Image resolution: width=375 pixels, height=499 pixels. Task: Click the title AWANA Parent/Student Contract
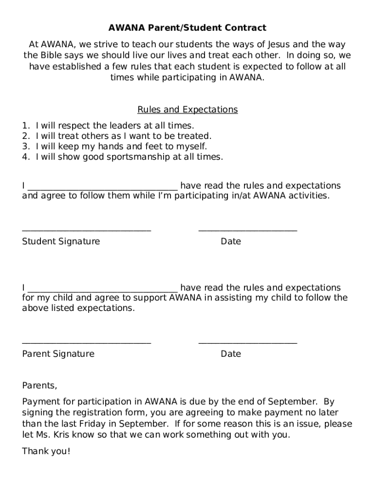(187, 28)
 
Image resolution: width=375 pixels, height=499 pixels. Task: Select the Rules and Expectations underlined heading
(187, 110)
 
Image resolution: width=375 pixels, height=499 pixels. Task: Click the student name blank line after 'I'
(103, 188)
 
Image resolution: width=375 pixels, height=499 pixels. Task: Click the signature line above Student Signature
(87, 230)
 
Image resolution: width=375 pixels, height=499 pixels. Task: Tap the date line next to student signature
(247, 230)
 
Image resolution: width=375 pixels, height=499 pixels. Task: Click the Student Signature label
(61, 241)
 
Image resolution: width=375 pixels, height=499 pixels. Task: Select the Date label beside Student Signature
(230, 241)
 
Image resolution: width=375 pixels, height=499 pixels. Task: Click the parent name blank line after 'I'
(103, 289)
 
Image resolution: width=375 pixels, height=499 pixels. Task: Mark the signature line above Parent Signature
(87, 343)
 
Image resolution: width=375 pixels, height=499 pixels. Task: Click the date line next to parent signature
(247, 343)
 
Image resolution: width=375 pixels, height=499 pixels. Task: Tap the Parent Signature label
(58, 354)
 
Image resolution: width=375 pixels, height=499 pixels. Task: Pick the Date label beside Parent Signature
(230, 354)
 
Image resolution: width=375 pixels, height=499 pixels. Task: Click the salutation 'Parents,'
(39, 385)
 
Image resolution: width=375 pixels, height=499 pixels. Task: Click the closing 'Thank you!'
(46, 451)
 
